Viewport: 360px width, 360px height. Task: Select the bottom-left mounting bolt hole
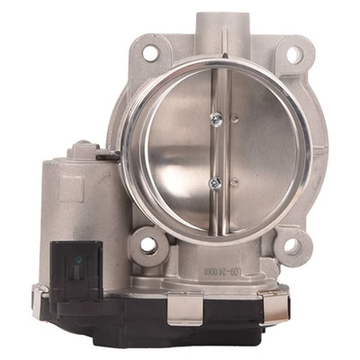tap(145, 243)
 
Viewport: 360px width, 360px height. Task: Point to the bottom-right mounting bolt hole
tap(292, 243)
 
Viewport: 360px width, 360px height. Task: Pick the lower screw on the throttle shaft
tap(216, 183)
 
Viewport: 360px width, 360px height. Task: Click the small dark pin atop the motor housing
tap(111, 160)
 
